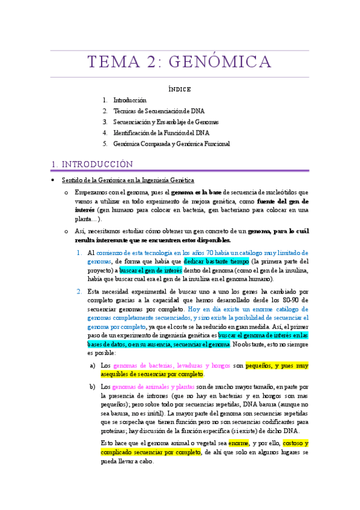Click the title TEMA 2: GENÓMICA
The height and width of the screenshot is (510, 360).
point(180,62)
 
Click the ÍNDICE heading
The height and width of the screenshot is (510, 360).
point(180,89)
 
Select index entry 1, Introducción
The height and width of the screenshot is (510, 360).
point(130,100)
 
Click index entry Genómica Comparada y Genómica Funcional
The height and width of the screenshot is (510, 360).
point(171,144)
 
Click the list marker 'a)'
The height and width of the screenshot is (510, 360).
point(92,365)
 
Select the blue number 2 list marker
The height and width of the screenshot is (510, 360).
point(79,292)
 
